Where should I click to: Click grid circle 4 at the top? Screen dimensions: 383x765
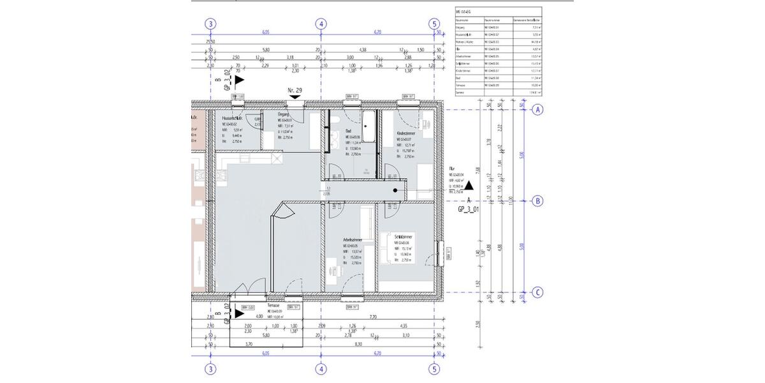tap(321, 24)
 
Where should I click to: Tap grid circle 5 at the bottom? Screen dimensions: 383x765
tap(435, 368)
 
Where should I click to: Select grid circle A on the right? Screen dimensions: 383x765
tap(537, 109)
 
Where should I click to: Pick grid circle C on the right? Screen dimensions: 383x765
tap(537, 293)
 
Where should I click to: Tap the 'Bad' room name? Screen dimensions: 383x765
tap(348, 130)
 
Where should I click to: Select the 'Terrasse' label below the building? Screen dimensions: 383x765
tap(274, 306)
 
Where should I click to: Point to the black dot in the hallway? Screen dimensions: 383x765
tap(396, 190)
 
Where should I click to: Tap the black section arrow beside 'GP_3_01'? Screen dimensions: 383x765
tap(469, 186)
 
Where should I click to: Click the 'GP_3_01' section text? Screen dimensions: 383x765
tap(469, 207)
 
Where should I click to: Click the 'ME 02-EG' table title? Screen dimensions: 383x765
tap(463, 11)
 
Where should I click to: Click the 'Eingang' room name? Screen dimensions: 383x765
tap(284, 114)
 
